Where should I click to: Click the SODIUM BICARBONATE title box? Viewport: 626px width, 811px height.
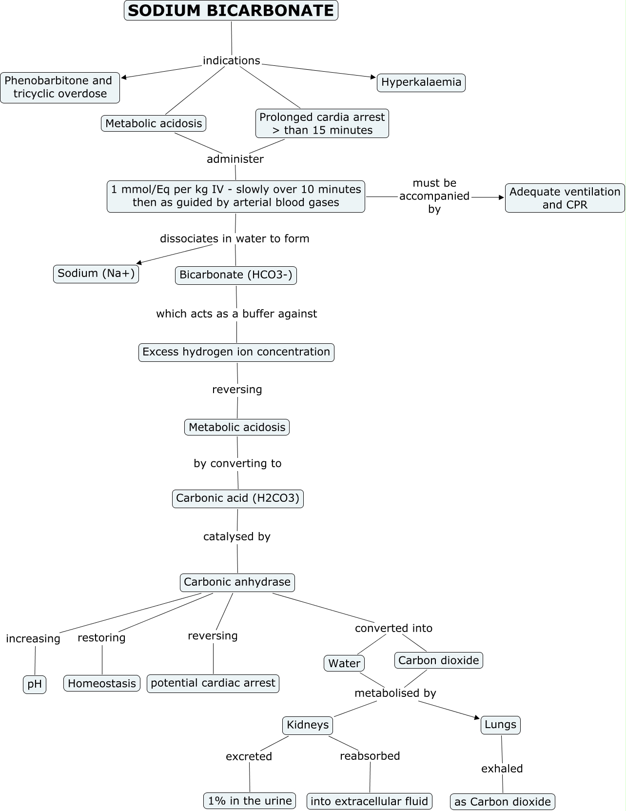click(x=231, y=11)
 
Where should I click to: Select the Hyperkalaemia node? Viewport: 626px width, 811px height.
click(x=421, y=82)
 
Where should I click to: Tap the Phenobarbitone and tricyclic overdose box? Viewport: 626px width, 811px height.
click(x=59, y=87)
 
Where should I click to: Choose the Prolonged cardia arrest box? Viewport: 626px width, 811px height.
click(x=322, y=123)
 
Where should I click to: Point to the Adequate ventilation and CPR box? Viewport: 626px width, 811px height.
click(x=565, y=198)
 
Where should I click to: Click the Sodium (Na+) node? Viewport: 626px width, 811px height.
click(x=96, y=273)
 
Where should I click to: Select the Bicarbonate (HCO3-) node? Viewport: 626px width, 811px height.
click(x=236, y=275)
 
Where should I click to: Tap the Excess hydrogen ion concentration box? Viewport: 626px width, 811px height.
click(x=236, y=352)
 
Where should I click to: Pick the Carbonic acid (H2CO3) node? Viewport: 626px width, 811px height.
click(x=238, y=498)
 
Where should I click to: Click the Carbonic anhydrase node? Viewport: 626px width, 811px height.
click(x=237, y=582)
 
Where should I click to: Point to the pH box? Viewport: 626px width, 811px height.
click(x=35, y=684)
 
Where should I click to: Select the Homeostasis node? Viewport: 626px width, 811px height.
click(x=102, y=683)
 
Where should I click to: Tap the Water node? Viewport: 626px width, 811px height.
click(x=344, y=663)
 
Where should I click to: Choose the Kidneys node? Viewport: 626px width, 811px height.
click(x=308, y=725)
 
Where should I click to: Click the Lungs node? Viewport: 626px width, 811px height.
click(x=501, y=725)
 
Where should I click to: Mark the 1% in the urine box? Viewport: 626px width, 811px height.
click(x=250, y=801)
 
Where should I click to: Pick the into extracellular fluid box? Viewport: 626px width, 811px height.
click(x=370, y=801)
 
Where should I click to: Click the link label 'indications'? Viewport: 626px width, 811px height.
click(x=232, y=60)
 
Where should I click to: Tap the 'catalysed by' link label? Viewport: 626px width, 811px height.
click(x=237, y=536)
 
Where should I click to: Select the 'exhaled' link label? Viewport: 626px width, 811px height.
click(x=502, y=769)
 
